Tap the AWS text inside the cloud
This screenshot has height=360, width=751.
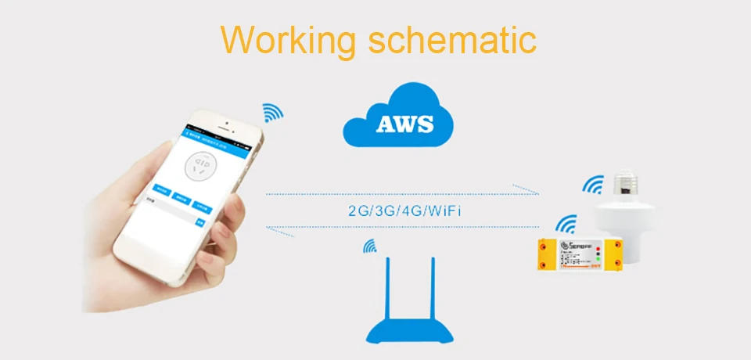coord(404,124)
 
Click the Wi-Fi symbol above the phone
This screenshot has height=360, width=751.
coord(272,111)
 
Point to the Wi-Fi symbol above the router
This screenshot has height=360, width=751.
coord(370,247)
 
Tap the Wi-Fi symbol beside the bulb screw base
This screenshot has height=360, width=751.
coord(593,185)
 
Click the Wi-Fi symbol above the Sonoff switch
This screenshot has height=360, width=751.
coord(566,225)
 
